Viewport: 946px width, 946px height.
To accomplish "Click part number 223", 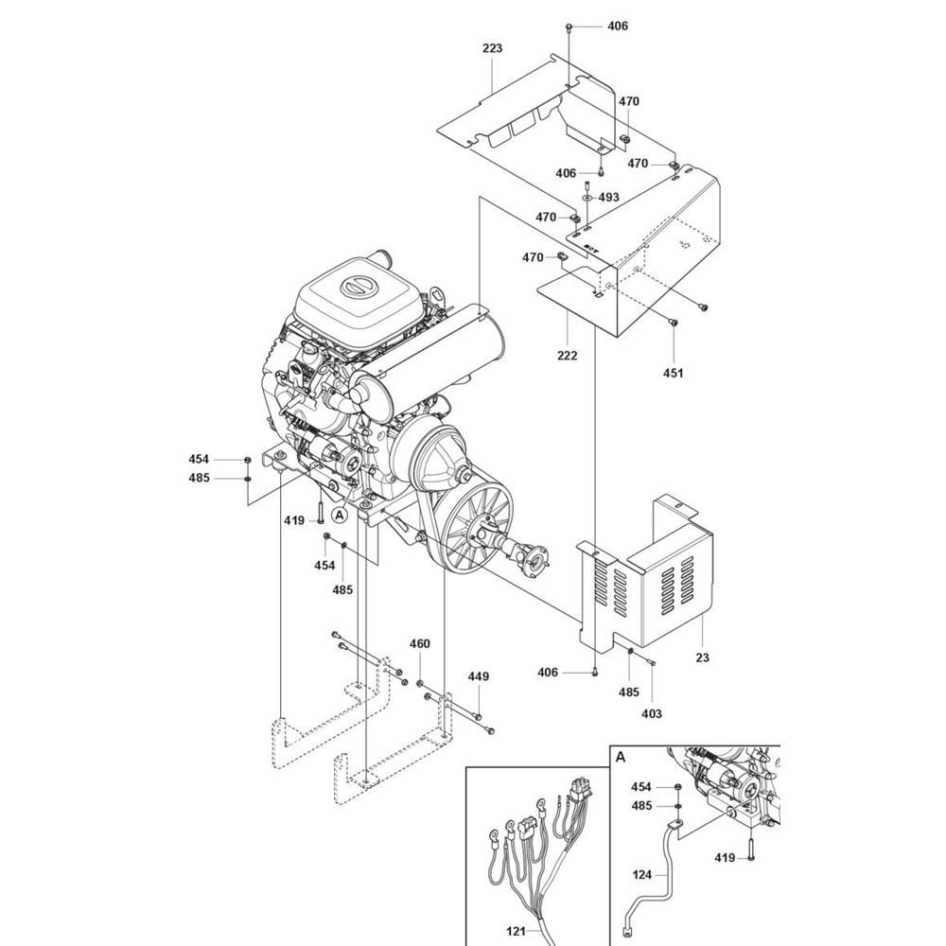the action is point(492,48).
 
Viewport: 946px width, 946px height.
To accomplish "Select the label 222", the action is point(567,356).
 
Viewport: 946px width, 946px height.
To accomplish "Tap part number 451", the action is point(674,373).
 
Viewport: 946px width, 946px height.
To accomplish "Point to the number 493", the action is point(608,198).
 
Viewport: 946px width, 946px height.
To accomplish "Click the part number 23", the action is point(702,657).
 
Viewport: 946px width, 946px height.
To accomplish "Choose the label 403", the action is point(652,713).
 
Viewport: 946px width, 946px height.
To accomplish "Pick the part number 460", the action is point(420,643).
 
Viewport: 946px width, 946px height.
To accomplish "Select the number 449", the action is point(479,676).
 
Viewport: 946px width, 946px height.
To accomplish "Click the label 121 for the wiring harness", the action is point(516,932).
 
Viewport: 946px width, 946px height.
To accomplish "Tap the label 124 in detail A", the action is point(642,874).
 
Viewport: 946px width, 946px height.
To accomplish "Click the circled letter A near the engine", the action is point(340,515).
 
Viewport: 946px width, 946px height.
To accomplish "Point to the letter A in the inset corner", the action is point(621,757).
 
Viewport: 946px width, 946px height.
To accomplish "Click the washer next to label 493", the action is point(587,198).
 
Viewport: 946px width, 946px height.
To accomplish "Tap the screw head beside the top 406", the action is point(569,26).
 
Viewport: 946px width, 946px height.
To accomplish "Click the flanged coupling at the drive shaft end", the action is point(535,557).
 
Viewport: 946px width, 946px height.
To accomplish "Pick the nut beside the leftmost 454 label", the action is point(247,461).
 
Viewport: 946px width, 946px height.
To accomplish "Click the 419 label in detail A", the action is point(725,857).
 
